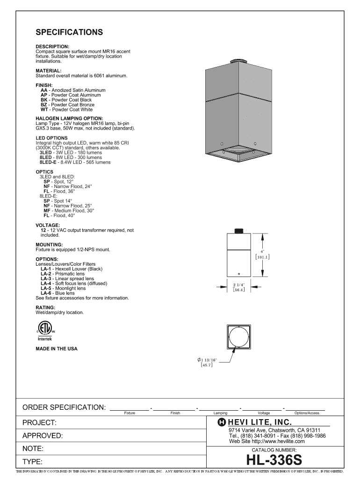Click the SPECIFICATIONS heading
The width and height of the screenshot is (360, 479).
point(69,32)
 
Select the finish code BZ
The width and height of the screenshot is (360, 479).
point(44,105)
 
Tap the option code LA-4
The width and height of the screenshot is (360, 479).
point(46,283)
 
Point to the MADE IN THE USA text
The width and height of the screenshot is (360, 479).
point(57,348)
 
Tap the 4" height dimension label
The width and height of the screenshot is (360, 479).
point(263,251)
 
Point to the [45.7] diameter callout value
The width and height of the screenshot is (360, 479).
point(207,364)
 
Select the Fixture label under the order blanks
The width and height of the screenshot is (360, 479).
point(130,413)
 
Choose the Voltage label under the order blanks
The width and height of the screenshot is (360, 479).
point(264,413)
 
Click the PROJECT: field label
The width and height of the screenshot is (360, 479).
point(40,423)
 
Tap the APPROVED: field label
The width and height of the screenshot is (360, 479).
point(43,436)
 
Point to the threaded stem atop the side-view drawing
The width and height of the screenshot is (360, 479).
point(239,231)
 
